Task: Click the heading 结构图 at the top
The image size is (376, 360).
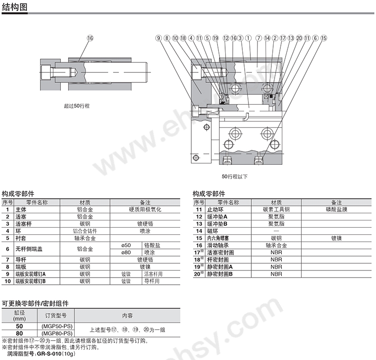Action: [15, 7]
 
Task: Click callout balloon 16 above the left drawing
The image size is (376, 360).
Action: [90, 38]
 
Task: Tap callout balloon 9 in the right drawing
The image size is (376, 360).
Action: [158, 38]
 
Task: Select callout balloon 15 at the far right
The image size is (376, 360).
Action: [324, 38]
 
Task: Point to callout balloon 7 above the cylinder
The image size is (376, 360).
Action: [258, 38]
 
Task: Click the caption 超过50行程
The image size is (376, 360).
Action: [77, 106]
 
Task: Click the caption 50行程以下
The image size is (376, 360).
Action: [235, 177]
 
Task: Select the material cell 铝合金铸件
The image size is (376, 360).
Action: [85, 231]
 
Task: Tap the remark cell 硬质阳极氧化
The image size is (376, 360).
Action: [145, 210]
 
